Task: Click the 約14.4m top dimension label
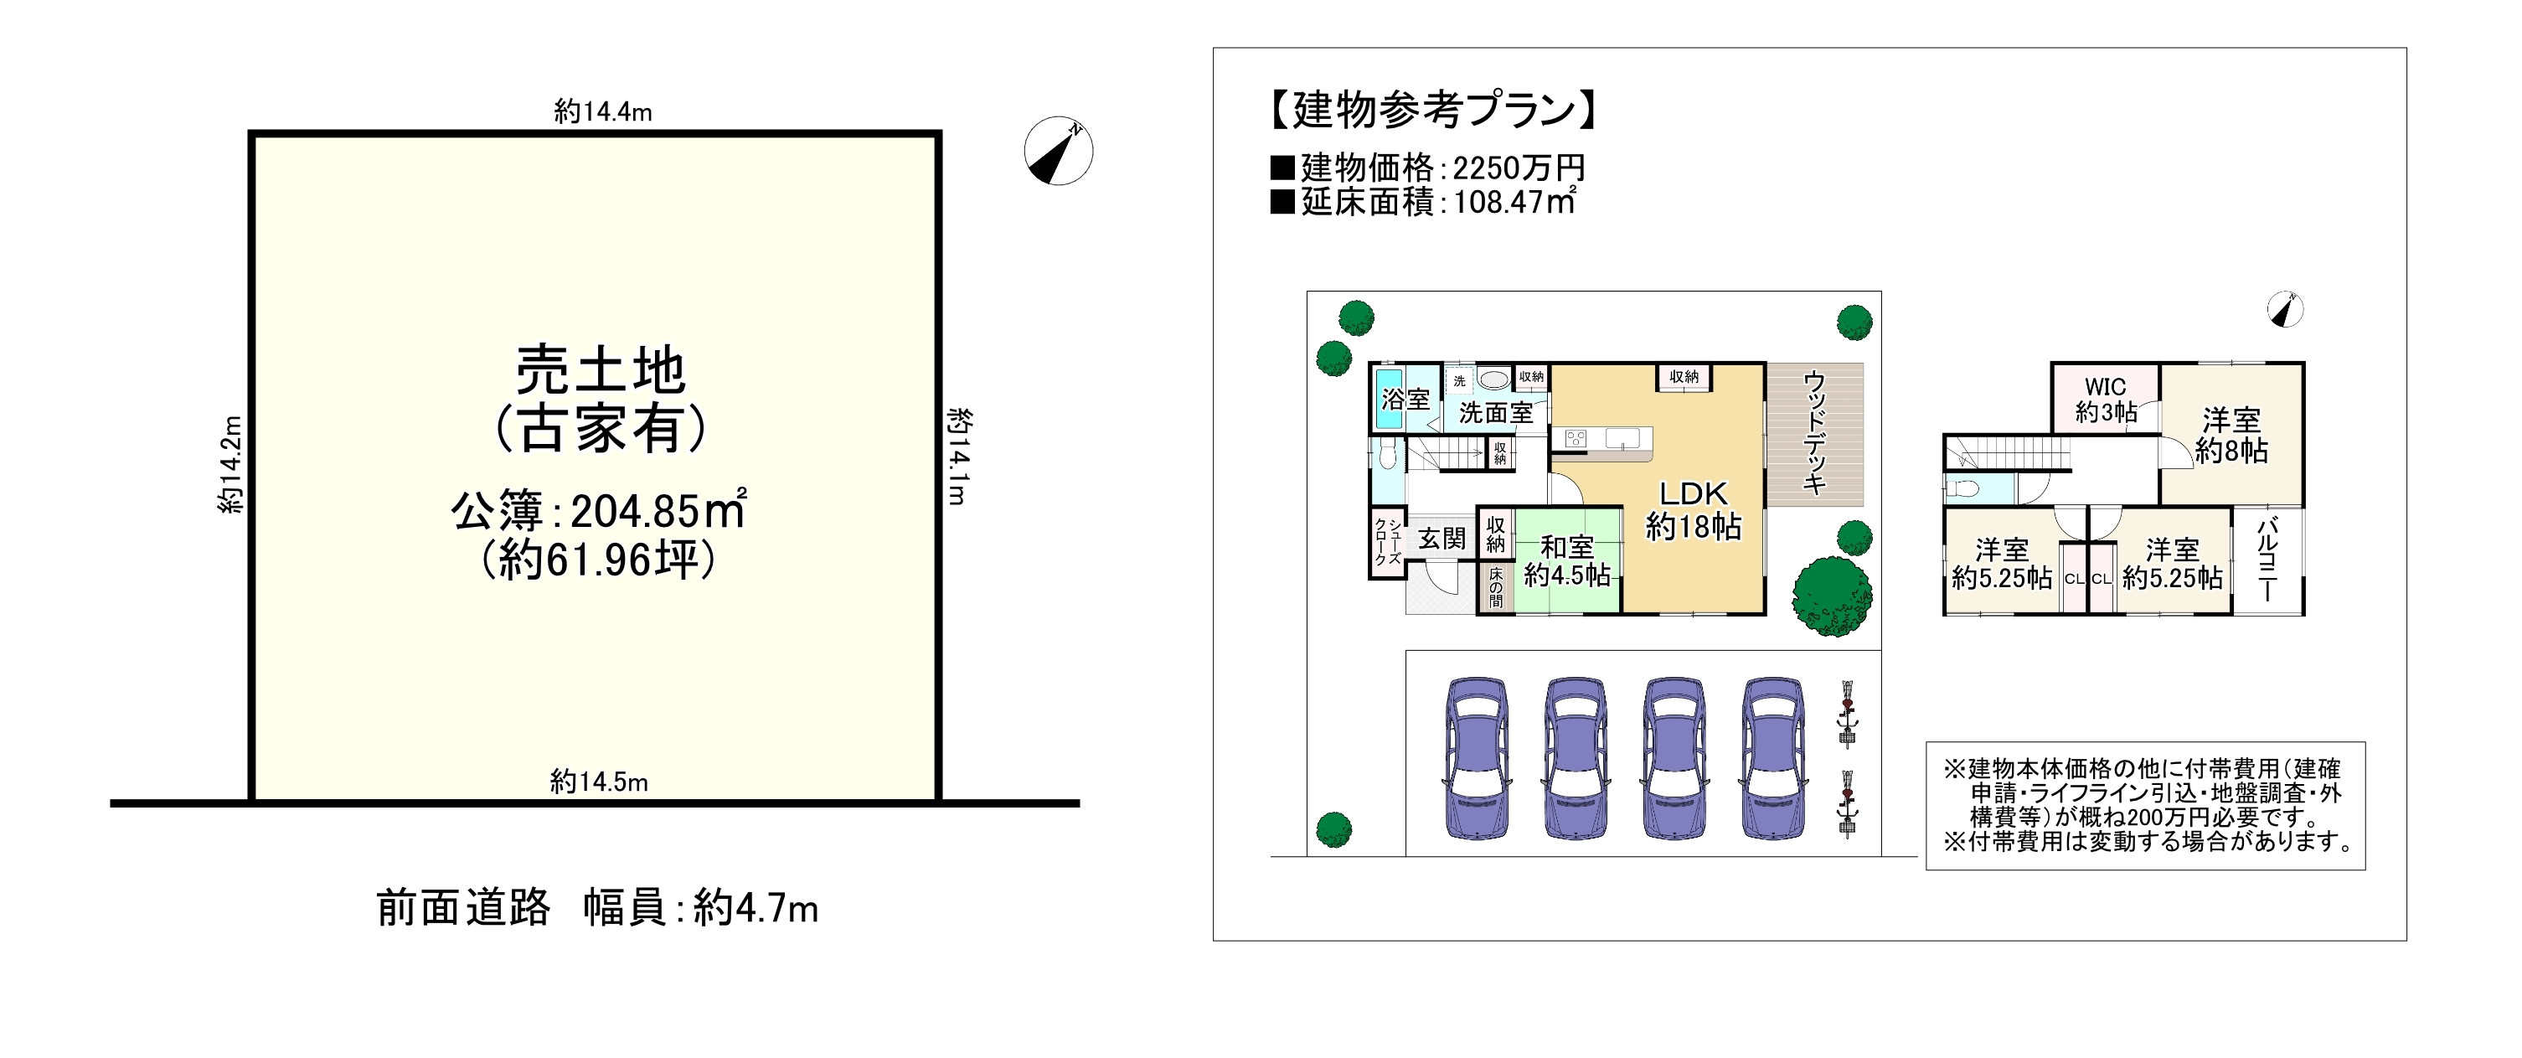(602, 111)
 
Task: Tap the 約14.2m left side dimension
(230, 464)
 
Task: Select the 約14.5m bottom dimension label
(598, 781)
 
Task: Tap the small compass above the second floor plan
(2284, 310)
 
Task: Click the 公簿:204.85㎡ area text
(598, 510)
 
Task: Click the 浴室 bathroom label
(1405, 400)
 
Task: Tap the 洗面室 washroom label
(1495, 413)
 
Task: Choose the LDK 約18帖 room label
(1693, 509)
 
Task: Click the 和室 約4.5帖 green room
(1566, 560)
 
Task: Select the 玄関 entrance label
(1442, 539)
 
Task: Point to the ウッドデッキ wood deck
(1814, 434)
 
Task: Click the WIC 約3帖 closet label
(2105, 400)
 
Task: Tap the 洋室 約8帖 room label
(2231, 435)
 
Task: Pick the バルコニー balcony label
(2267, 560)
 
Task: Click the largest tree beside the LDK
(1832, 595)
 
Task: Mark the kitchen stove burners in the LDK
(1576, 438)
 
